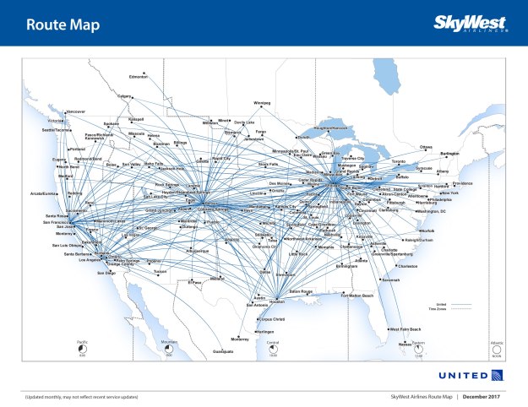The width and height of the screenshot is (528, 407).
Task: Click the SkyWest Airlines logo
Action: coord(471,22)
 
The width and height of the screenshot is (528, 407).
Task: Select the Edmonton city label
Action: coord(139,77)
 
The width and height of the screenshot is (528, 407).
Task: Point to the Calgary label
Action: coord(126,95)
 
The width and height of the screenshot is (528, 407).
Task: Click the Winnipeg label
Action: coord(262,103)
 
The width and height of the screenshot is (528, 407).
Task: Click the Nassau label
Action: coord(405,344)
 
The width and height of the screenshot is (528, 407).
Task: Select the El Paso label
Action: coord(194,283)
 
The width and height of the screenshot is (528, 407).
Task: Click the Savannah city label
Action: coord(390,279)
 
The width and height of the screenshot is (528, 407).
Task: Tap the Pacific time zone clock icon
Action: coord(83,347)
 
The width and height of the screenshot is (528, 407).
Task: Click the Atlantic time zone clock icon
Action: coord(497,347)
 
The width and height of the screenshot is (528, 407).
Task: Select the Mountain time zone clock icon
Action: coord(168,347)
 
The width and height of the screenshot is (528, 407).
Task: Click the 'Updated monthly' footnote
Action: coord(81,395)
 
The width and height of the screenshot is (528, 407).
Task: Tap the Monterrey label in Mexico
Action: coord(240,339)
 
